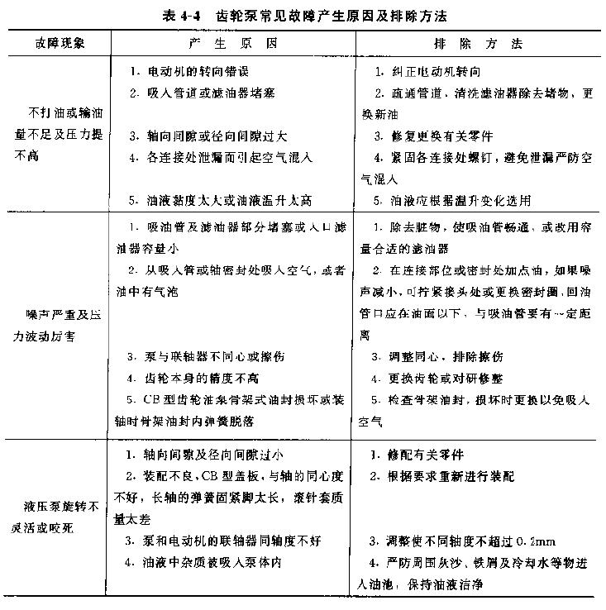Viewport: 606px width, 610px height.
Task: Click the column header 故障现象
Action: [60, 41]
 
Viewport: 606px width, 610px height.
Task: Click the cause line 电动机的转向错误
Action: [193, 71]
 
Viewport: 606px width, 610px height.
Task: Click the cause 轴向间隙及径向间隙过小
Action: [209, 455]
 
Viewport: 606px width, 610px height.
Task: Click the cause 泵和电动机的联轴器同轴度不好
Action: [225, 541]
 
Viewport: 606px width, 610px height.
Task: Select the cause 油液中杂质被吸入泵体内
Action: [214, 562]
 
